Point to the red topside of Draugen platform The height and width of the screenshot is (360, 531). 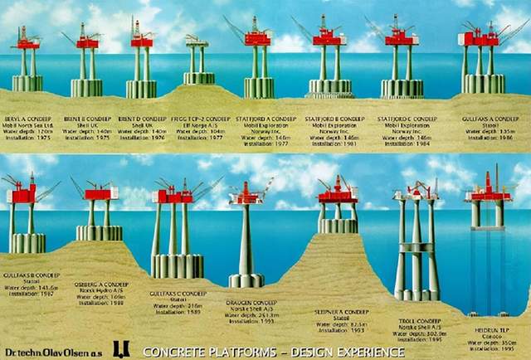tap(247, 197)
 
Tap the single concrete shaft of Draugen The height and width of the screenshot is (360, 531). tap(247, 241)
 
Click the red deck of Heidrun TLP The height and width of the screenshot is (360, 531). tap(488, 197)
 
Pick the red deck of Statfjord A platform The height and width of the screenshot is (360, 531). tap(258, 37)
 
